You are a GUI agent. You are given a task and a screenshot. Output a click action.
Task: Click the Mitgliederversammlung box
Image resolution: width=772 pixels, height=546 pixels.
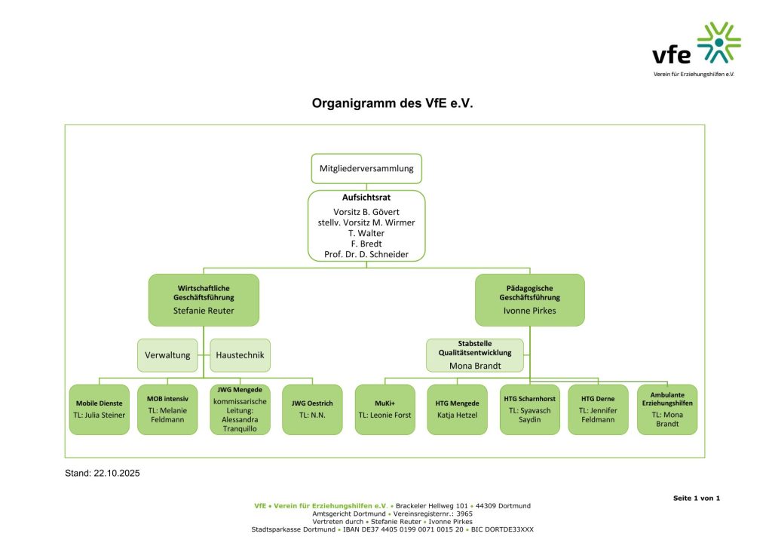[366, 169]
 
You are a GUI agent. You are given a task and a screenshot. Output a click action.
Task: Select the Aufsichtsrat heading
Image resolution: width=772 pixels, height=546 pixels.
[366, 197]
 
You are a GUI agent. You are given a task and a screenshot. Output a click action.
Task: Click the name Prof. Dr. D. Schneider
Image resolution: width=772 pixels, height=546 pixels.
[366, 255]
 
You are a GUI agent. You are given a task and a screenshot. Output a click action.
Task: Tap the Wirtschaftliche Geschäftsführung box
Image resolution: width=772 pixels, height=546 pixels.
[204, 299]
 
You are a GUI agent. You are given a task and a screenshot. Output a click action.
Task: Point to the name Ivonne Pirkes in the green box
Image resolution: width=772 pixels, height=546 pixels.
[529, 311]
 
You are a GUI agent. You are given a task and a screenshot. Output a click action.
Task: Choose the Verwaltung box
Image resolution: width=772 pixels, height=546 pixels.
[167, 354]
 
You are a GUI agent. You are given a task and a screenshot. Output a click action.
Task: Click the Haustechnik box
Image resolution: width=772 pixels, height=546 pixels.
[240, 354]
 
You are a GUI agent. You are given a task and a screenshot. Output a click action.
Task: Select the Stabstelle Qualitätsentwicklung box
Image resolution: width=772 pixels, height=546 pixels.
[475, 354]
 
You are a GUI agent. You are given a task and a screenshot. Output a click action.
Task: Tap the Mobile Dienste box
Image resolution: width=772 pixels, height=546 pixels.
[100, 409]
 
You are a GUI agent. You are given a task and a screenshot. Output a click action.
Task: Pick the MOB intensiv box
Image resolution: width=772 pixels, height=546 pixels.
[167, 409]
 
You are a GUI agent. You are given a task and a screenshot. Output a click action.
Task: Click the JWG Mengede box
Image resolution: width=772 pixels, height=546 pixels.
[240, 409]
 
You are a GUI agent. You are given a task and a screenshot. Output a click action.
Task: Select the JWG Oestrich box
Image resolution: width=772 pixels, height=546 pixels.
[312, 409]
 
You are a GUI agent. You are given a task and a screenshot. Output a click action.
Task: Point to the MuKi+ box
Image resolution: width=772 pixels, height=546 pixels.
[384, 409]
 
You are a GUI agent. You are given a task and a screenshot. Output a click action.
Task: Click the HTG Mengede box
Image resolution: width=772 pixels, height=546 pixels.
[457, 409]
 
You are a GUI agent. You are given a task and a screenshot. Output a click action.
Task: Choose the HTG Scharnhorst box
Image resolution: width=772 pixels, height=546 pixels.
[530, 409]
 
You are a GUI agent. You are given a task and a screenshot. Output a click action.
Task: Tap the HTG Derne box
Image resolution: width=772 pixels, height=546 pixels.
[598, 409]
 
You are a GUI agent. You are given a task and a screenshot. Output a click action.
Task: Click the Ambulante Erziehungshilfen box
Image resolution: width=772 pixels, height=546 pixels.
[666, 409]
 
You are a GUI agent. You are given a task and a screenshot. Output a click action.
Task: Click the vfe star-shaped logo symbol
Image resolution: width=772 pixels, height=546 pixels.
[718, 42]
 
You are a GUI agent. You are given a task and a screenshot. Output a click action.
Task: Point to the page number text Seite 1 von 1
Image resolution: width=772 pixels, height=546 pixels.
[697, 498]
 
